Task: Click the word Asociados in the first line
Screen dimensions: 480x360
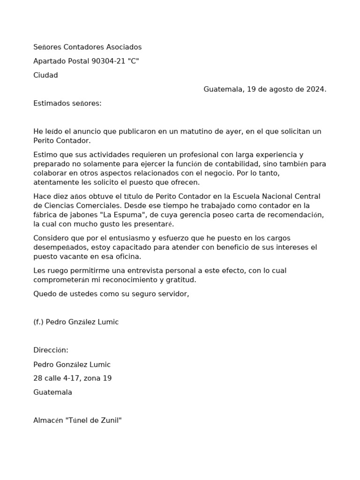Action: click(122, 47)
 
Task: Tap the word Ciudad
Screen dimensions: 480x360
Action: click(45, 75)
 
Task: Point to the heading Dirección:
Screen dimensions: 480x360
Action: click(51, 350)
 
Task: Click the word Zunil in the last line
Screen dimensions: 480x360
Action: click(110, 420)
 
